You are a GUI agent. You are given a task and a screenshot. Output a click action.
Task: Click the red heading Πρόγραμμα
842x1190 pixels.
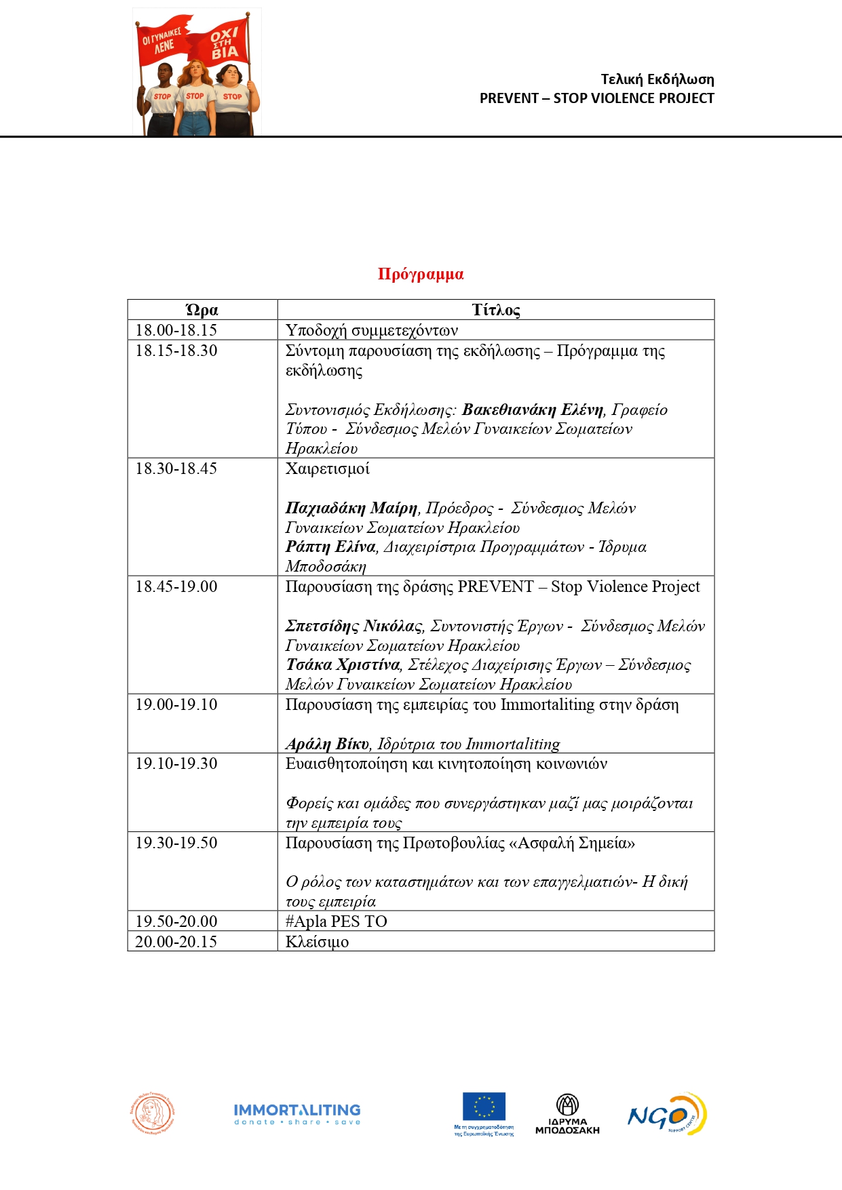tap(421, 275)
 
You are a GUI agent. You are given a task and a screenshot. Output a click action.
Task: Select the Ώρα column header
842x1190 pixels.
tap(202, 311)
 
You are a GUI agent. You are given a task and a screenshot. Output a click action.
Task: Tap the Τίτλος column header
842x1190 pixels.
tap(496, 311)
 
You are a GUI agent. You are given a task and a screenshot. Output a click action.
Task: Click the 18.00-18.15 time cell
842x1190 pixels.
tap(176, 330)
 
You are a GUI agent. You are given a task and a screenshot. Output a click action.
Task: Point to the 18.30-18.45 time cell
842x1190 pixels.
tap(176, 469)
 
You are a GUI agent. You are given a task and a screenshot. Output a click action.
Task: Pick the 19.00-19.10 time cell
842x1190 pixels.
tap(176, 705)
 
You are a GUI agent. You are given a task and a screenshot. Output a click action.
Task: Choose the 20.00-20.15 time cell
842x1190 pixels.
tap(176, 941)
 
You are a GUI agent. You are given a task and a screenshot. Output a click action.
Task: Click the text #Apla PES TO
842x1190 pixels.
tap(337, 921)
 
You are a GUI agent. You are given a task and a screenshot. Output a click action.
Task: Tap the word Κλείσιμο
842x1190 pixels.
tap(317, 942)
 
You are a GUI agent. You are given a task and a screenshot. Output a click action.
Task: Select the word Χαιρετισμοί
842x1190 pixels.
tap(328, 469)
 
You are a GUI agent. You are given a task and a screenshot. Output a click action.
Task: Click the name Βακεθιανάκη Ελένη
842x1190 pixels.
tap(533, 410)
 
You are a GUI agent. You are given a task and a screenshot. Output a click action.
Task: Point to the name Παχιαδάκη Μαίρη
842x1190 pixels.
tap(351, 508)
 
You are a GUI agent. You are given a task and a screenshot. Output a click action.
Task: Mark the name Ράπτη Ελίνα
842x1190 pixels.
tap(330, 547)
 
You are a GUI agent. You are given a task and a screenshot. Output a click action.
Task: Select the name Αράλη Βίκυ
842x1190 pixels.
tap(327, 744)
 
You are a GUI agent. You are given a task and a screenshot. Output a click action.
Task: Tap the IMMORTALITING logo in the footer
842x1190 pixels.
tap(297, 1114)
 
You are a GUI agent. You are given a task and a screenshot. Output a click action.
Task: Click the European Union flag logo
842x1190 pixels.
tap(484, 1107)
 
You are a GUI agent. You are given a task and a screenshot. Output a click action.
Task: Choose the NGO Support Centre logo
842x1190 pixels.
tap(667, 1114)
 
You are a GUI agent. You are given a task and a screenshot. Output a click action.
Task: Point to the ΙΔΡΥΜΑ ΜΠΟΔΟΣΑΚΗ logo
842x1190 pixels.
tap(567, 1114)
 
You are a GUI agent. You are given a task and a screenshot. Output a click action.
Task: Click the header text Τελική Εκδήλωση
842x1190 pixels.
tap(657, 79)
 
